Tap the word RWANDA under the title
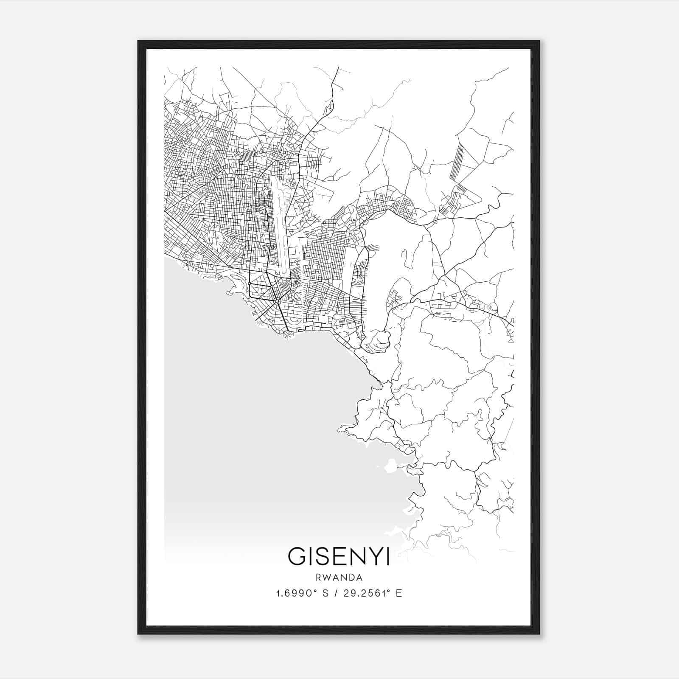[339, 578]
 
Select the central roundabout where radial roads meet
[276, 301]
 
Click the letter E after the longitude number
[398, 593]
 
